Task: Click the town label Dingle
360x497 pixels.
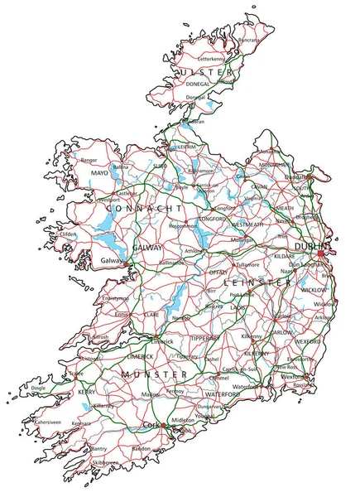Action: tap(38, 388)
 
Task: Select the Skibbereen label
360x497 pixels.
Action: tap(105, 462)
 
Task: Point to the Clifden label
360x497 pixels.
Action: tap(69, 234)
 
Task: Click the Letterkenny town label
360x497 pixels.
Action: tap(211, 60)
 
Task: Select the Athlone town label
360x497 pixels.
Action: tap(194, 250)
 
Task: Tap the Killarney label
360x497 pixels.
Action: tap(104, 406)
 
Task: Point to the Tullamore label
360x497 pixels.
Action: tap(247, 264)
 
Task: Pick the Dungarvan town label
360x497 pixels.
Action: tap(214, 407)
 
